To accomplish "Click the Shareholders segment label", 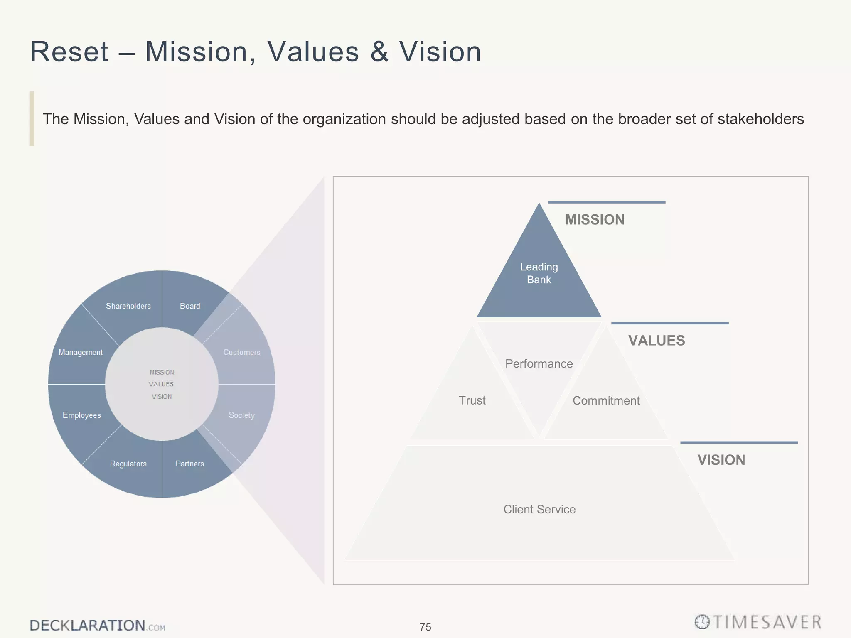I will (x=128, y=306).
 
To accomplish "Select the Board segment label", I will (x=190, y=306).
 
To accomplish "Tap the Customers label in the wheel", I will (x=242, y=352).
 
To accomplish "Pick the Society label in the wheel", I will (x=241, y=415).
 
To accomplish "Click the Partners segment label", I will (x=189, y=464).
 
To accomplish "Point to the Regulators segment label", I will (x=128, y=464).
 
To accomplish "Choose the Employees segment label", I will (x=82, y=415).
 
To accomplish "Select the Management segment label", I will (x=81, y=352).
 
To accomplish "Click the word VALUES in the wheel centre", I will (x=161, y=384).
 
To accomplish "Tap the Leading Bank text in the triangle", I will (x=539, y=273).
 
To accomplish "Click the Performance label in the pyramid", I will (x=539, y=364).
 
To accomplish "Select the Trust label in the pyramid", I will (x=472, y=400).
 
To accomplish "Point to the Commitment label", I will (x=606, y=401).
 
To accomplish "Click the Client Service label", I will (x=539, y=509).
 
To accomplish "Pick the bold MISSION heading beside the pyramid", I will (x=595, y=220).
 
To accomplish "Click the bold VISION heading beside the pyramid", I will (x=721, y=460).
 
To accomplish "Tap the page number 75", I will (x=425, y=627).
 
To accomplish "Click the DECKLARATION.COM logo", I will (x=97, y=626).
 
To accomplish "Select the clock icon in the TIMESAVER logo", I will (x=702, y=622).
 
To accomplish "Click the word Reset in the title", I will (x=69, y=52).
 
